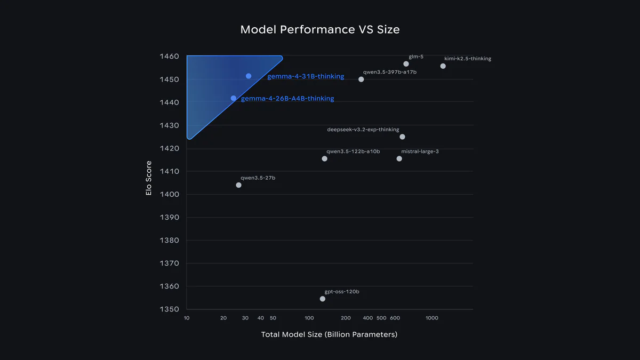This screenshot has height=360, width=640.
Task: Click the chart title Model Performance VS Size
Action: tap(319, 29)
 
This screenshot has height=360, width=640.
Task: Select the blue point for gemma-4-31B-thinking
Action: tap(249, 76)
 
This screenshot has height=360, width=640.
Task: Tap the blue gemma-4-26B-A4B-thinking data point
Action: tap(234, 98)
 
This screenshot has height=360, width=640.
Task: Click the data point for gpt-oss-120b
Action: tap(323, 299)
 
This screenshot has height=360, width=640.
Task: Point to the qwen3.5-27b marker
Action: tap(238, 185)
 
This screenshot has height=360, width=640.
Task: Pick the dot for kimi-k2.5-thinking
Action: tap(443, 66)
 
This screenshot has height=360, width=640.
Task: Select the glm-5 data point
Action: tap(406, 64)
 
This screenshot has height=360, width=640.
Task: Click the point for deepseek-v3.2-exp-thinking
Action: tap(402, 137)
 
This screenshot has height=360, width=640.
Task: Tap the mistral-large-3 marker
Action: tap(399, 159)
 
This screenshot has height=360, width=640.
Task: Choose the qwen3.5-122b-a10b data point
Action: tap(324, 159)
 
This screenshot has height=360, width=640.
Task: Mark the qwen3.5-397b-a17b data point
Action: tap(361, 79)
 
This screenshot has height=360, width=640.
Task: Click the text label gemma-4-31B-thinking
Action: tap(306, 77)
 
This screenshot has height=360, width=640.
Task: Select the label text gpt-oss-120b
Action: tap(342, 292)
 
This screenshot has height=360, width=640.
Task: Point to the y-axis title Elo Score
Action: tap(149, 178)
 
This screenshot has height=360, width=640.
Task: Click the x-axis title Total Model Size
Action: tap(329, 334)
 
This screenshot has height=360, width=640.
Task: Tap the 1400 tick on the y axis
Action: tap(170, 195)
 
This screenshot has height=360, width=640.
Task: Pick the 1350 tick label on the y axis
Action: tap(170, 309)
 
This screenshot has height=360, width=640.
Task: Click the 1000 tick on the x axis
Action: tap(431, 318)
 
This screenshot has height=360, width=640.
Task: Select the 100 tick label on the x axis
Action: tap(309, 318)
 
